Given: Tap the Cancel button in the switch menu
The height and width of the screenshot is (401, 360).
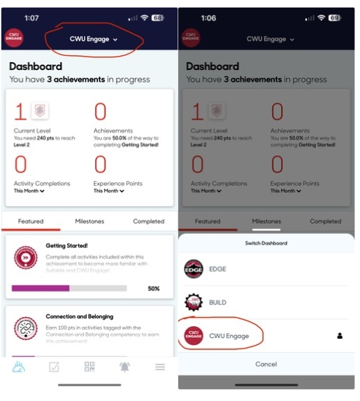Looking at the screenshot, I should coord(266,364).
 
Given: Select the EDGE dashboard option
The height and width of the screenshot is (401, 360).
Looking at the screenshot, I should coord(217,269).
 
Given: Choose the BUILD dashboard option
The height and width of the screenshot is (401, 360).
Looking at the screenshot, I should coord(217,302).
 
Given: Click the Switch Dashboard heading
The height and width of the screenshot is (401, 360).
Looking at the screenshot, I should coord(266,243).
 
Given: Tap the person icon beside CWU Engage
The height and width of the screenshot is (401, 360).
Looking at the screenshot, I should coord(340,336).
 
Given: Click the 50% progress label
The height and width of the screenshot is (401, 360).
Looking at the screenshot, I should coord(153,288).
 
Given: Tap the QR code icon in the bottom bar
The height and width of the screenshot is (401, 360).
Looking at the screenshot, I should coord(89,367).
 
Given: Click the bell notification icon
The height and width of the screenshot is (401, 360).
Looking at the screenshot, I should coord(124,367).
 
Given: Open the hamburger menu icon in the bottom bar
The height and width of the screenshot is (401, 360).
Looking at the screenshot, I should coord(160,367).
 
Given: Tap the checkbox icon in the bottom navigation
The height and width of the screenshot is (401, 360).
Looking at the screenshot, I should coord(54,367).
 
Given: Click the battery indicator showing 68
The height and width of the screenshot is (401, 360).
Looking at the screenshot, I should coord(158,17).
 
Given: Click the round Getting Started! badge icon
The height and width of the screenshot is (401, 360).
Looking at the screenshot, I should coord(25,257).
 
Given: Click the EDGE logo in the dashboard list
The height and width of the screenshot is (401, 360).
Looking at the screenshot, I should coord(194,269).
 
